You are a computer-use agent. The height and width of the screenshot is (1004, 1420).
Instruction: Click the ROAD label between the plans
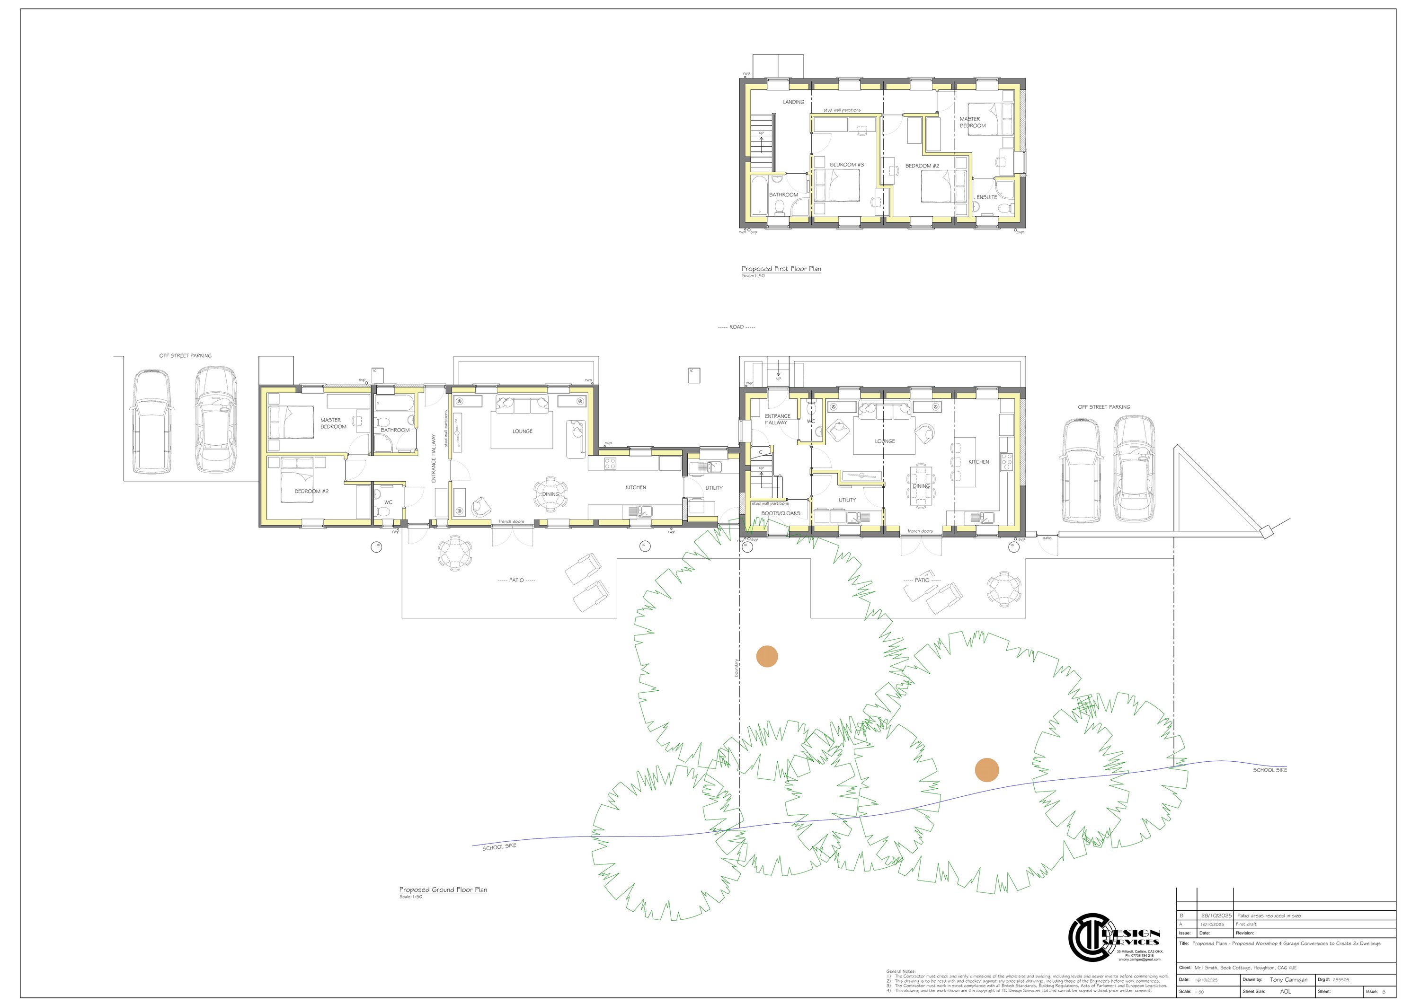coord(736,327)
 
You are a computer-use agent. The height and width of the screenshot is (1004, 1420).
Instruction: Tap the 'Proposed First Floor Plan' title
coord(781,269)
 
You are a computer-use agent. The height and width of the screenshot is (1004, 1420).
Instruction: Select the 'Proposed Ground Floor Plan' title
coord(443,890)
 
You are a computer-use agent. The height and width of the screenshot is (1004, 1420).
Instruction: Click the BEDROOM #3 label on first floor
coord(847,165)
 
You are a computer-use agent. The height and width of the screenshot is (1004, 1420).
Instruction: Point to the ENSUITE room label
coord(986,197)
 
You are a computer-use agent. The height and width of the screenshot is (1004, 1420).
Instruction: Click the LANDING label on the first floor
coord(793,102)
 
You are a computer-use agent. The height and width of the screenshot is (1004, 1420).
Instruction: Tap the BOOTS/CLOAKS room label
coord(781,513)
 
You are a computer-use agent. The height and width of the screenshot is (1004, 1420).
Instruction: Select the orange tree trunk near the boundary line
coord(767,657)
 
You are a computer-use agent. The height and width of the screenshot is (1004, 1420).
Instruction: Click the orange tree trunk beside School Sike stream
coord(986,770)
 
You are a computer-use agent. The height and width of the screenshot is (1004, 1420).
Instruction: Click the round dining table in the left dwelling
coord(550,494)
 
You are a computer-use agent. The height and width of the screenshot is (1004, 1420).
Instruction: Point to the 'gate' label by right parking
coord(1047,538)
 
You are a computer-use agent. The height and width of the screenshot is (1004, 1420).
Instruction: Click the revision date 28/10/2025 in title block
coord(1216,916)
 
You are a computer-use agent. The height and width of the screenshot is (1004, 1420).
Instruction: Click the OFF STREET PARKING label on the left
coord(185,355)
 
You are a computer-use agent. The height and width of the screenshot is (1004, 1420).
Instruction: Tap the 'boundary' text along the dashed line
coord(737,668)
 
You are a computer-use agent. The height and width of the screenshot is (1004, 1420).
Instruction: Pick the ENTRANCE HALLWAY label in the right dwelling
coord(777,419)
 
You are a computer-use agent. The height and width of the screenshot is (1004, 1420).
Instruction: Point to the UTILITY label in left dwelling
coord(714,488)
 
